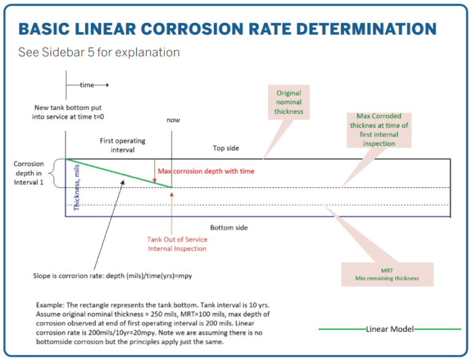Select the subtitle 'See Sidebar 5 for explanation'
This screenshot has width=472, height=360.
click(99, 52)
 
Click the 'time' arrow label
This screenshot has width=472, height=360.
click(87, 85)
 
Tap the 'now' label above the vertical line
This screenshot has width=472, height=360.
click(173, 120)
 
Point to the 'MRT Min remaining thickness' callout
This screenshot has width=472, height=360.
click(387, 274)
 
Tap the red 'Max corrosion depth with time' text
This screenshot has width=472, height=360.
click(206, 171)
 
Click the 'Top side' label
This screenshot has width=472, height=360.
click(226, 148)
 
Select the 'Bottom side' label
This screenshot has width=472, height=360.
click(229, 227)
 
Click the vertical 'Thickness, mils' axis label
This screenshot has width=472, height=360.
click(77, 190)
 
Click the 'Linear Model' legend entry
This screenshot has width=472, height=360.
click(390, 329)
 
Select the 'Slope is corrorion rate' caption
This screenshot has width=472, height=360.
click(112, 276)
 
